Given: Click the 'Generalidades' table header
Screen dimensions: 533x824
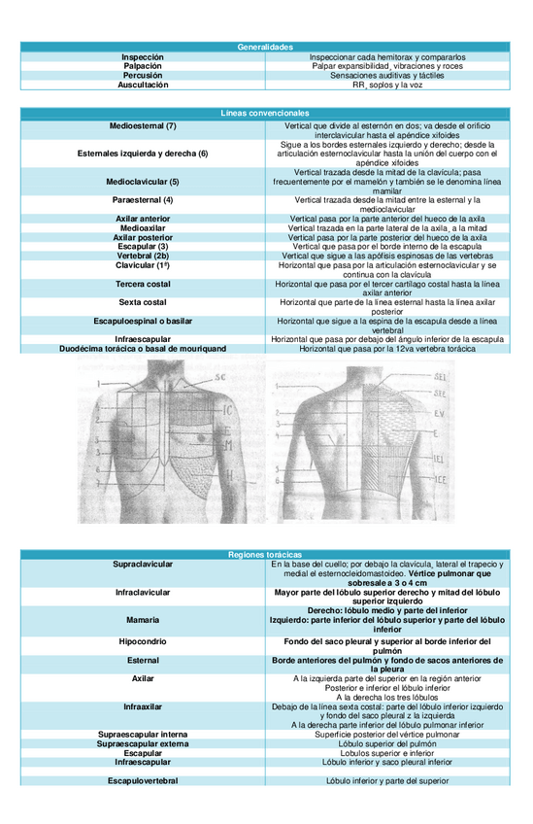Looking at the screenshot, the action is tap(265, 47).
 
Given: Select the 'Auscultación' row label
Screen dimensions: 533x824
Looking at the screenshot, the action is tap(143, 85).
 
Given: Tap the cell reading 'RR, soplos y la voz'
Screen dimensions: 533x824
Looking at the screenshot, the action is tap(387, 85).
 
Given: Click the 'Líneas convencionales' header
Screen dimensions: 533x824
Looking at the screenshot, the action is tap(265, 115).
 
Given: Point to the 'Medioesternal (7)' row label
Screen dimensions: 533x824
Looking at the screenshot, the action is tap(143, 126).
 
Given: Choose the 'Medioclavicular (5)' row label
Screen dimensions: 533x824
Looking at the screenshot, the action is tap(143, 182).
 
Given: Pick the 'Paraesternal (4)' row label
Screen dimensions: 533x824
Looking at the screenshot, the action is tap(143, 200).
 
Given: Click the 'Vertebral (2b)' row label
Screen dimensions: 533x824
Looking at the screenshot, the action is tap(143, 255).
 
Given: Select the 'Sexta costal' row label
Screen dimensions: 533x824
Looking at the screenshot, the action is tap(143, 303).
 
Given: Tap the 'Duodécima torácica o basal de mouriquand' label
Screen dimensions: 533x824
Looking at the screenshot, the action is tap(143, 347).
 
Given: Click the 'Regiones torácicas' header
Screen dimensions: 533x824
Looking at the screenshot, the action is tap(265, 553).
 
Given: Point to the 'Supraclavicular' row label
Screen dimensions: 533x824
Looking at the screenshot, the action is tap(143, 564).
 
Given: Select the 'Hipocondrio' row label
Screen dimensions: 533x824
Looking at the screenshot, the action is tap(143, 642).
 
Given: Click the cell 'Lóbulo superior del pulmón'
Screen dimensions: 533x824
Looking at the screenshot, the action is tap(387, 743).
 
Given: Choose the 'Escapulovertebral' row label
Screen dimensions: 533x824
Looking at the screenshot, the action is tap(143, 779).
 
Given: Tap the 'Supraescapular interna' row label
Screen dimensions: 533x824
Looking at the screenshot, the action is tap(143, 734).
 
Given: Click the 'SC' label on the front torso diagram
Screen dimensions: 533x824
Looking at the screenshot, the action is tap(220, 376).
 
